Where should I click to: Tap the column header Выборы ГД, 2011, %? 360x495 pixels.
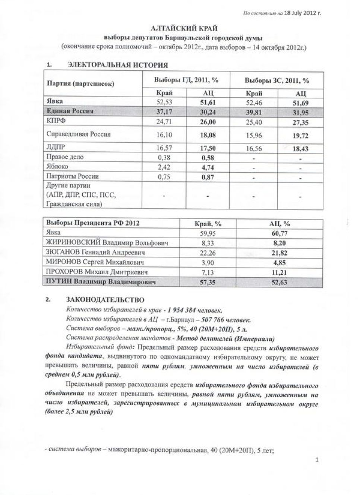pyautogui.click(x=186, y=80)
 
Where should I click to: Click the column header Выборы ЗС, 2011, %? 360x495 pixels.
pyautogui.click(x=277, y=80)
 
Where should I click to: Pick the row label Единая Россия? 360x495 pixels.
pyautogui.click(x=70, y=111)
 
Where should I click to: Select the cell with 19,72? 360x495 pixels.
pyautogui.click(x=300, y=136)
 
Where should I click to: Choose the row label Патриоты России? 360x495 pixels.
pyautogui.click(x=72, y=176)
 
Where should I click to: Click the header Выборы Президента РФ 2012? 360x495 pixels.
pyautogui.click(x=93, y=223)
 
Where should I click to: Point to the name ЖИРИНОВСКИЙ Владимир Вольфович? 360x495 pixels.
pyautogui.click(x=107, y=243)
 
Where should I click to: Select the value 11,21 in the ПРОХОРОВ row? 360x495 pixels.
pyautogui.click(x=280, y=272)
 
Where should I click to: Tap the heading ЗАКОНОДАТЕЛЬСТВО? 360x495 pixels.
pyautogui.click(x=105, y=299)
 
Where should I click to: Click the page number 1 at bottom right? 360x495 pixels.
pyautogui.click(x=317, y=460)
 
